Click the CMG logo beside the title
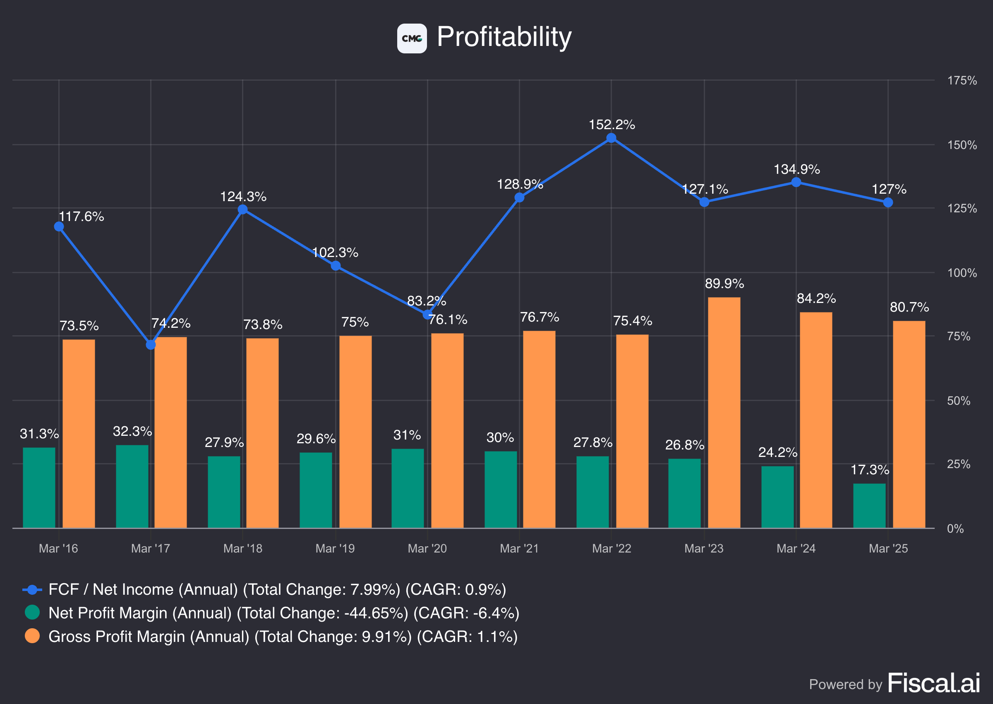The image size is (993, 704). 412,38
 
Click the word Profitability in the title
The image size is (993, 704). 504,37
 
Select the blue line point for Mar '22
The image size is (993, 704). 611,138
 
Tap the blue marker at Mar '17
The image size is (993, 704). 151,345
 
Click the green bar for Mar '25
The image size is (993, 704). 869,505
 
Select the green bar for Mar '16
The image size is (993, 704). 39,487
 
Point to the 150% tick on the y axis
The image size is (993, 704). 962,145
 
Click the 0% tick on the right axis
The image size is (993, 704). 955,529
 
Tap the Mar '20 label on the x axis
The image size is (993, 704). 427,548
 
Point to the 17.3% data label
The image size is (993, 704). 870,469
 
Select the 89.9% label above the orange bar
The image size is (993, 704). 724,284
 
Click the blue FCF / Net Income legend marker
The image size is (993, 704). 32,589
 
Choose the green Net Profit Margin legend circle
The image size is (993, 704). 32,613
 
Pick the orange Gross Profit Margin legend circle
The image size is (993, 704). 32,636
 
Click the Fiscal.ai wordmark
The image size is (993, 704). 934,683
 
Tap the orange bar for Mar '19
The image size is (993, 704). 355,431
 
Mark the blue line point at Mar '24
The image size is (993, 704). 796,182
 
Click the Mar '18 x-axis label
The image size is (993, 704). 242,548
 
